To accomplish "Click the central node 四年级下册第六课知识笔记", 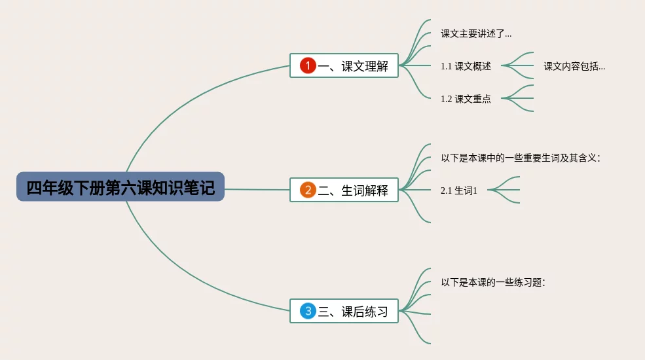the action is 120,187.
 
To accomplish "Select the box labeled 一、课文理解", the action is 344,65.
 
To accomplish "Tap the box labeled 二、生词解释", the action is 344,190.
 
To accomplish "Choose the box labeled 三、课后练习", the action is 344,312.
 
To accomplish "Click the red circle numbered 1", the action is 308,65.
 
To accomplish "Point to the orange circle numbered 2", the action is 308,190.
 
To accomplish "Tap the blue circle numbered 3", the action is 308,312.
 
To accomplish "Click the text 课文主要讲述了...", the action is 476,33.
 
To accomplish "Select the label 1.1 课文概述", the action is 466,66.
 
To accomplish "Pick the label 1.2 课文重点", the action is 466,99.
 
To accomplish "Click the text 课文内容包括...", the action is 574,66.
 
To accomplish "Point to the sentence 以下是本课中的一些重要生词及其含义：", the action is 521,158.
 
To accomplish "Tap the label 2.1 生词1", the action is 459,190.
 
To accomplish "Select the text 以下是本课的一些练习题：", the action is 493,282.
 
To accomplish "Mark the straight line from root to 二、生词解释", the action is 257,190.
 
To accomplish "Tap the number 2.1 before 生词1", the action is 447,190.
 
